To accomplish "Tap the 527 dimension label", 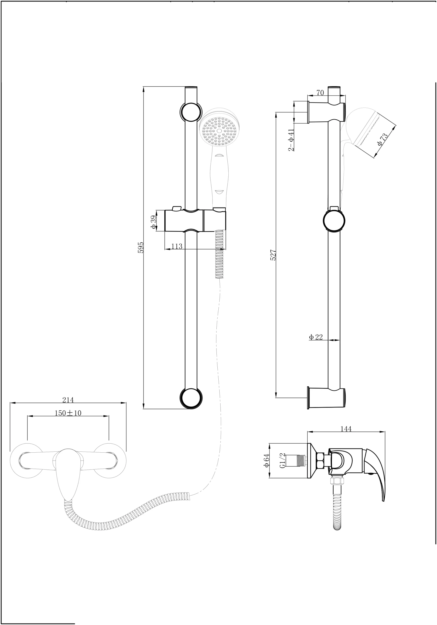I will pyautogui.click(x=273, y=255).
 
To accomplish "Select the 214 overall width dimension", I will pyautogui.click(x=68, y=400).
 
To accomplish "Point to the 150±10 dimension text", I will pyautogui.click(x=68, y=413).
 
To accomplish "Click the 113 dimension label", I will pyautogui.click(x=176, y=246).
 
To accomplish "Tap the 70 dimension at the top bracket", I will pyautogui.click(x=320, y=93).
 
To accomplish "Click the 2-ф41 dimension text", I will pyautogui.click(x=291, y=140).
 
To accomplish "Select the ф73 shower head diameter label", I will pyautogui.click(x=383, y=139).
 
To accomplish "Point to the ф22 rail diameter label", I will pyautogui.click(x=316, y=337).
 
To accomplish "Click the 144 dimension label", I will pyautogui.click(x=346, y=429).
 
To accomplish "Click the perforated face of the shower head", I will pyautogui.click(x=218, y=131).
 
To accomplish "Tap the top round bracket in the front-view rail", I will pyautogui.click(x=191, y=112).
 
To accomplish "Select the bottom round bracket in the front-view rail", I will pyautogui.click(x=191, y=398).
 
